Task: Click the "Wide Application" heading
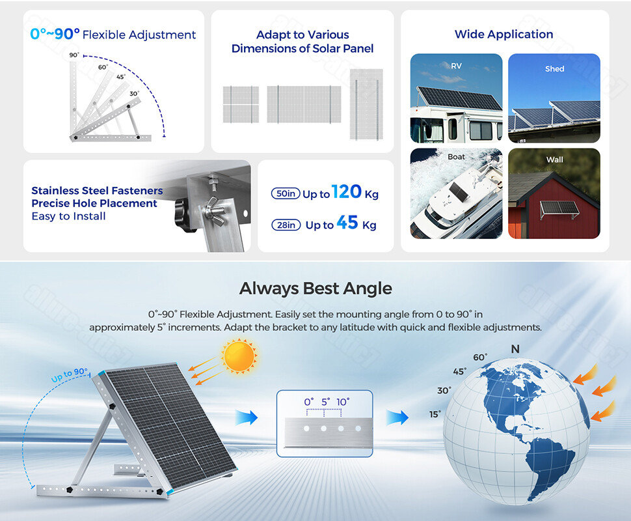tap(504, 35)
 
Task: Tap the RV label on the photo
tap(456, 66)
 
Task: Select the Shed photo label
tap(554, 68)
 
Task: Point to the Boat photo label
tap(456, 157)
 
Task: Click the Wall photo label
tap(554, 160)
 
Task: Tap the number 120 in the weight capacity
tap(346, 191)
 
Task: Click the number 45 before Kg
tap(347, 223)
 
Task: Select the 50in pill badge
tap(285, 193)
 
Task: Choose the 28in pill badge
tap(286, 225)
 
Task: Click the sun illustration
tap(238, 356)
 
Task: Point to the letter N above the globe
tap(515, 350)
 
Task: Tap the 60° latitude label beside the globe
tap(480, 358)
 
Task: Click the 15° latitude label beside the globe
tap(435, 414)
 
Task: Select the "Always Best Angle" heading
tap(315, 288)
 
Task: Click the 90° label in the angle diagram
tap(74, 55)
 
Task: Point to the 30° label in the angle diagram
tap(134, 94)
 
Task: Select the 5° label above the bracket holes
tap(325, 402)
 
